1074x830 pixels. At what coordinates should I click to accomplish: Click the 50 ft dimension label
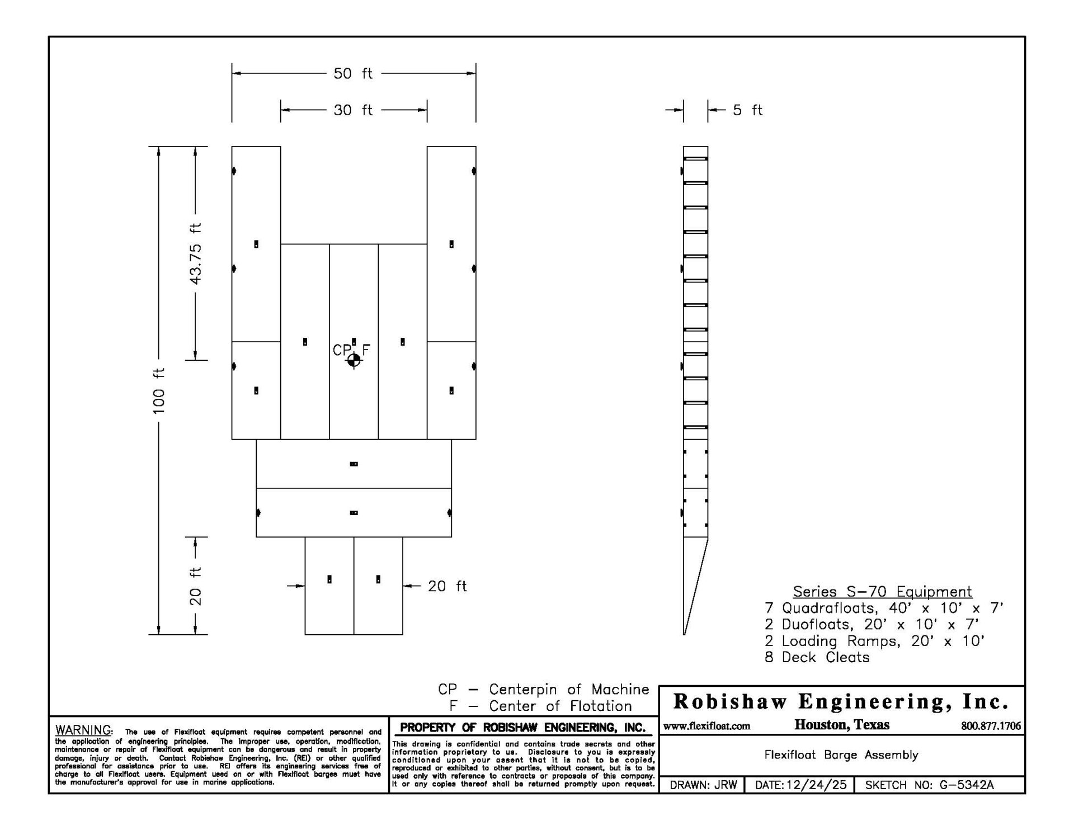tap(353, 73)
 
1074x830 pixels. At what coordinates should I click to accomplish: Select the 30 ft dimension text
tap(353, 110)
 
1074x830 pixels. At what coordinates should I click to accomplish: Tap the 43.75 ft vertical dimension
tap(195, 253)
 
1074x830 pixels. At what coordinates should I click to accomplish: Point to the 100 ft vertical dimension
tap(159, 390)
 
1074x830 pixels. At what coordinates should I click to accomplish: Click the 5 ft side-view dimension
tap(748, 110)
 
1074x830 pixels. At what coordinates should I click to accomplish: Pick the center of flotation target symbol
tap(354, 361)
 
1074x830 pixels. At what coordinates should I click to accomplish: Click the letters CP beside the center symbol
tap(342, 350)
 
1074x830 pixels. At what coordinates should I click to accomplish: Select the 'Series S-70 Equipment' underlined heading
tap(883, 592)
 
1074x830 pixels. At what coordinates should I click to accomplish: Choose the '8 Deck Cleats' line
tap(817, 657)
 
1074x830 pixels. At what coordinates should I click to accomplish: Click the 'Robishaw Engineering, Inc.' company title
tap(841, 701)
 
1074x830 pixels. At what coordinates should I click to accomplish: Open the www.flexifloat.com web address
tap(707, 726)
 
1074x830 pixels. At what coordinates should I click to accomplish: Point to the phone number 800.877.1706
tap(991, 726)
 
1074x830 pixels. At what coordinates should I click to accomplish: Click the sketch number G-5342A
tap(967, 785)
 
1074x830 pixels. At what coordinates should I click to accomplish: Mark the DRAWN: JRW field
tap(703, 785)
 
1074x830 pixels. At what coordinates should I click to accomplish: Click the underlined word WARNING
tap(84, 730)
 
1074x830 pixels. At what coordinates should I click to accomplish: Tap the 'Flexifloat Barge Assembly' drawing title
tap(841, 755)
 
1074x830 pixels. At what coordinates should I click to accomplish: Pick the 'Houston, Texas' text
tap(842, 725)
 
